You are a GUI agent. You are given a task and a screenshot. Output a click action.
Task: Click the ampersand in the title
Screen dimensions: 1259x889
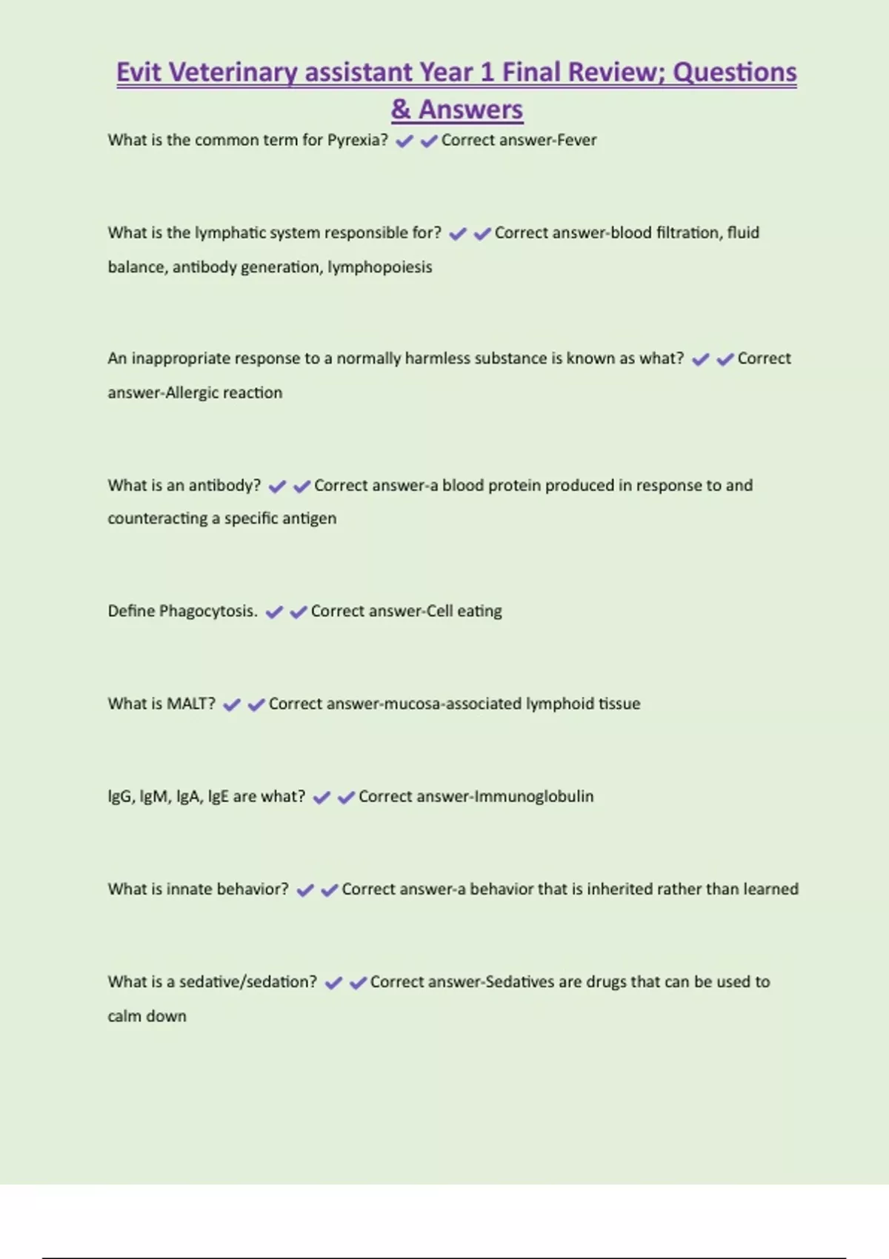click(x=401, y=110)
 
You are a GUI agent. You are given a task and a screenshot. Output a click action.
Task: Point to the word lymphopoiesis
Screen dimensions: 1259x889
click(x=379, y=267)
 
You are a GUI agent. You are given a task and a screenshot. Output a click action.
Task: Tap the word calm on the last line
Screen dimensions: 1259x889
click(x=124, y=1016)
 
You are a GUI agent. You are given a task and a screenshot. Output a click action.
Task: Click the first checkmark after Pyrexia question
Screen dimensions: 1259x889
click(x=404, y=141)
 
